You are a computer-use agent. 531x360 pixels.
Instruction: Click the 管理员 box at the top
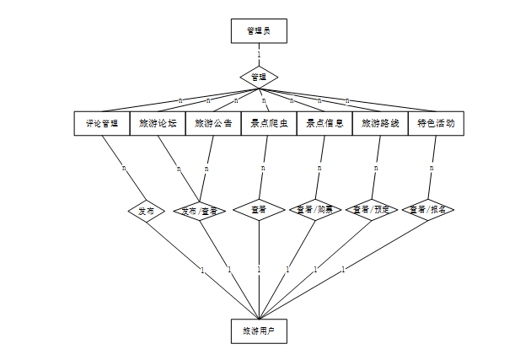click(259, 31)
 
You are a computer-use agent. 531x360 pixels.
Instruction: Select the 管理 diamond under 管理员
click(259, 77)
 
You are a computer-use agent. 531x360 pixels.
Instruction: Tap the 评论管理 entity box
click(102, 123)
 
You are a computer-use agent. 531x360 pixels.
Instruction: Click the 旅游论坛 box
click(158, 123)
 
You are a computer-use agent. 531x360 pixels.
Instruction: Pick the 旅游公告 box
click(213, 123)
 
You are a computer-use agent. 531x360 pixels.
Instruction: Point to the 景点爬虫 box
click(269, 123)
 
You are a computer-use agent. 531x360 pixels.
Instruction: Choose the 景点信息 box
click(324, 123)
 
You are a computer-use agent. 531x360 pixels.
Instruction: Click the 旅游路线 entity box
click(380, 123)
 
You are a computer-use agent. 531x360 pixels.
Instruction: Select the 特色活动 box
click(436, 123)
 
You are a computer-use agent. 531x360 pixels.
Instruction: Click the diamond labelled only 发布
click(147, 210)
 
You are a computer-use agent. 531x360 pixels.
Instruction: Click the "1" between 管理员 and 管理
click(259, 55)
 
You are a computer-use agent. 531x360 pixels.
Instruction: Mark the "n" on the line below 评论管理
click(124, 168)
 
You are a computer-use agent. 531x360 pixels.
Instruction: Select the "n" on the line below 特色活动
click(432, 168)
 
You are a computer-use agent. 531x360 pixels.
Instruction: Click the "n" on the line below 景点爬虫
click(263, 168)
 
